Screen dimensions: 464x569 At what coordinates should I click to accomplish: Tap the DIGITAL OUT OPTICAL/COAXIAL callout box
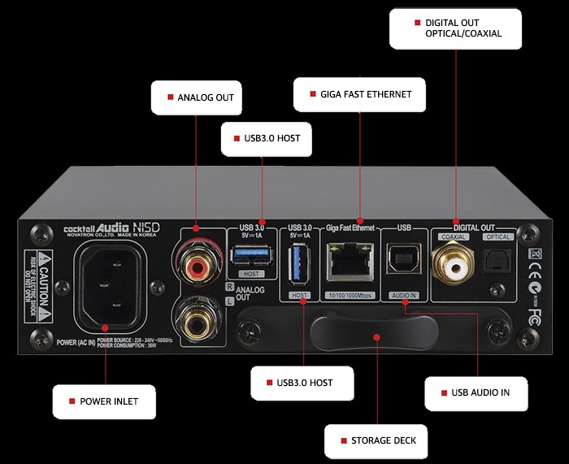click(x=454, y=27)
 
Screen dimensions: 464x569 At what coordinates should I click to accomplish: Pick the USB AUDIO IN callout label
click(x=475, y=392)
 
